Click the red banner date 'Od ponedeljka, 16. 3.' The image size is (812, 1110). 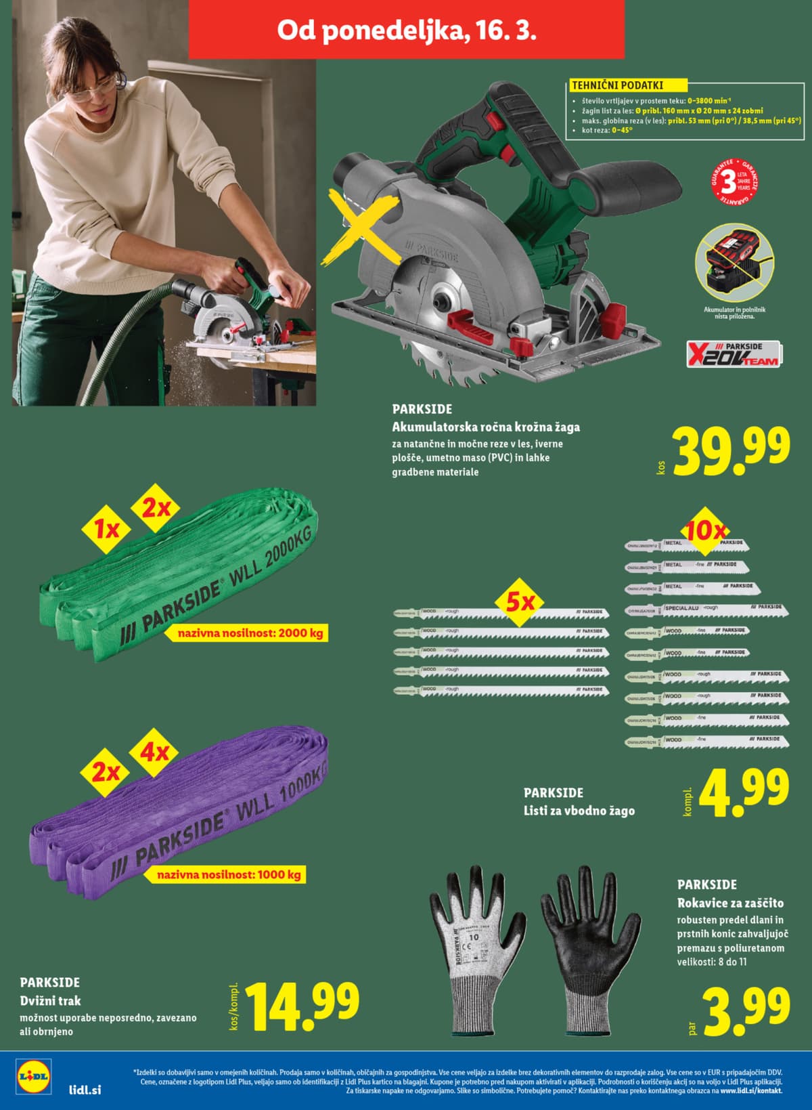pos(407,31)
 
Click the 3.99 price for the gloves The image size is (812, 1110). pos(746,1011)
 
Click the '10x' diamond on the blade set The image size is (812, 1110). pos(705,531)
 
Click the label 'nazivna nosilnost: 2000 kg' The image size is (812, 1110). pos(250,635)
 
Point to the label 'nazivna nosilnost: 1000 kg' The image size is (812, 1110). pos(229,874)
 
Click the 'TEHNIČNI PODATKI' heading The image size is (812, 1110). pos(618,85)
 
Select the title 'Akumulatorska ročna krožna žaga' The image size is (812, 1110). pos(486,427)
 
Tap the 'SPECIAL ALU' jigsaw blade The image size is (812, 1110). pos(704,608)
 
